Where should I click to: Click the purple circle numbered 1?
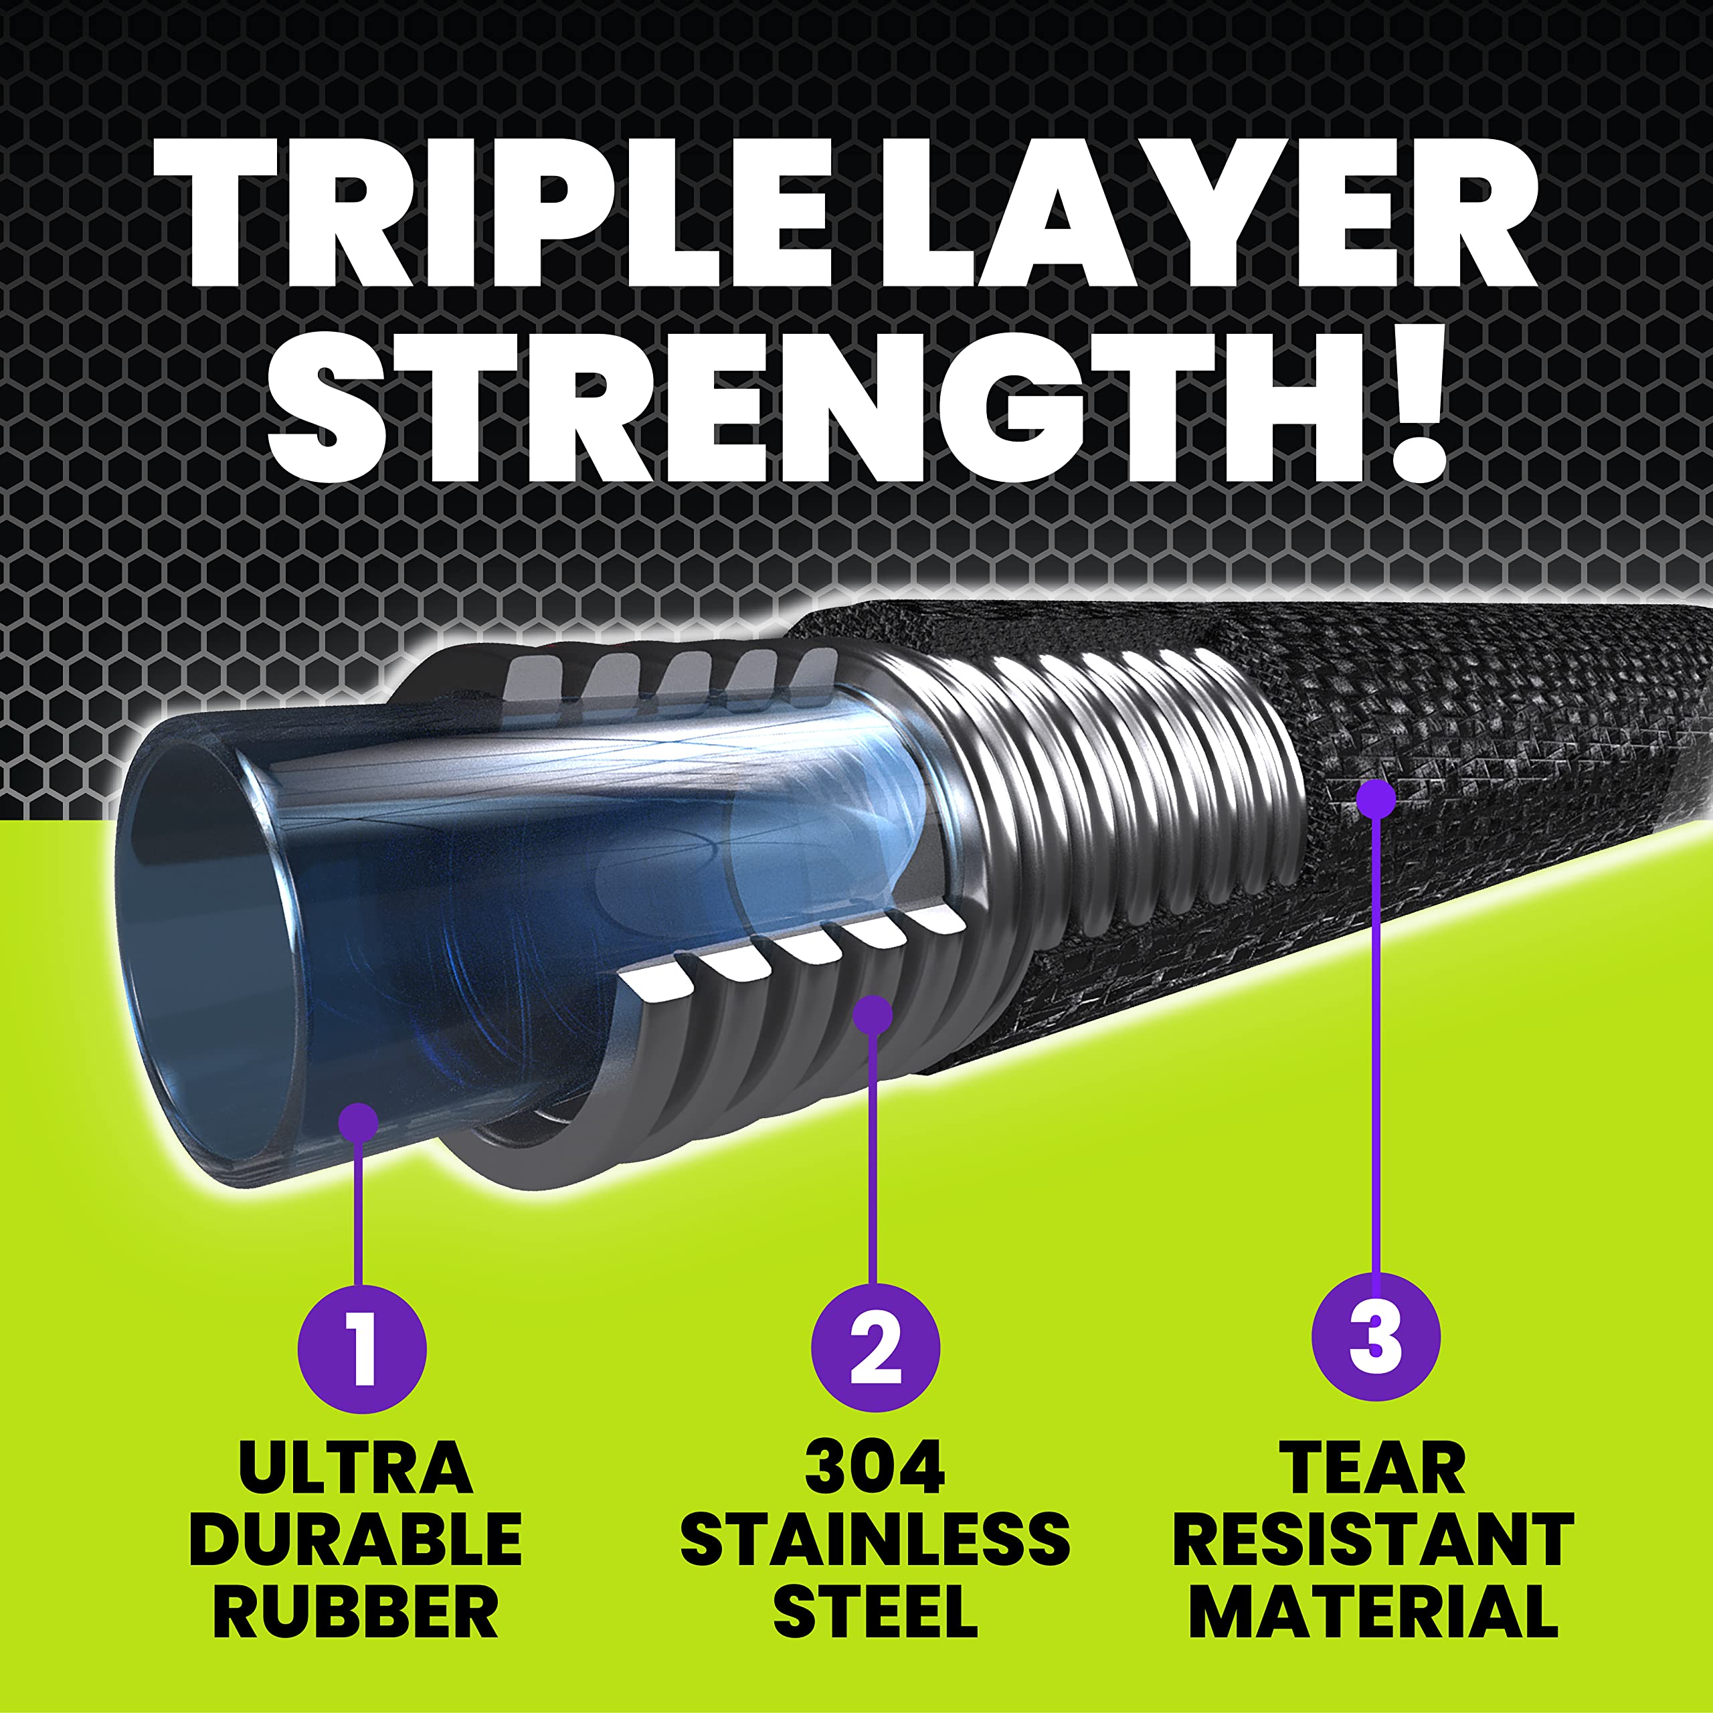pyautogui.click(x=362, y=1350)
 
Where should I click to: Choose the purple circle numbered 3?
pyautogui.click(x=1375, y=1336)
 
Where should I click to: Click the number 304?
pyautogui.click(x=875, y=1467)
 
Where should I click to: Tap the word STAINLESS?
pyautogui.click(x=875, y=1538)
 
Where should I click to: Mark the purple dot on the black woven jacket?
pyautogui.click(x=1376, y=798)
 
